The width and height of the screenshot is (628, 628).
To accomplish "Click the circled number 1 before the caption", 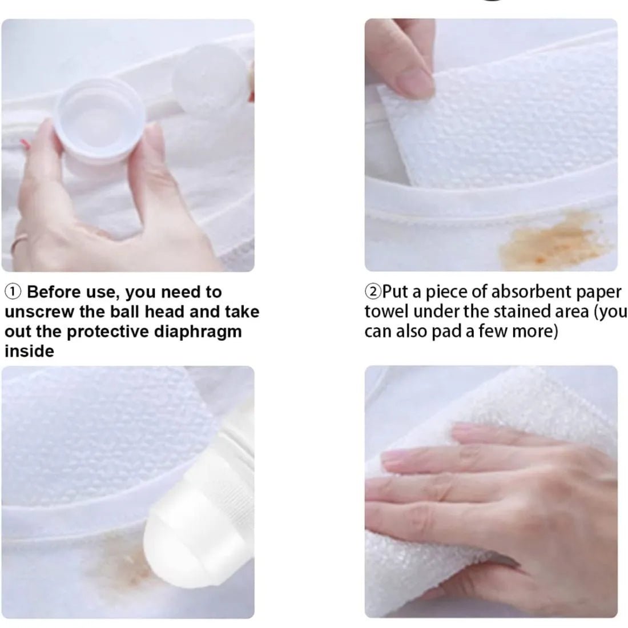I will tap(13, 292).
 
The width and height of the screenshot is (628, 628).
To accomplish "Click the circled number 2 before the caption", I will tap(372, 292).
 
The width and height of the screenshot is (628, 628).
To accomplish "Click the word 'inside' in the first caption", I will tap(29, 352).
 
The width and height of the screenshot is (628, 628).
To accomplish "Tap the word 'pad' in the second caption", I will tap(447, 331).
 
